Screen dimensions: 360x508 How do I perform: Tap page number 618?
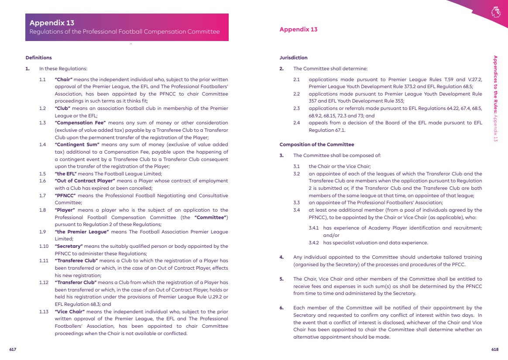494,350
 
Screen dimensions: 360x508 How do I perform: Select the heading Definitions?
38,58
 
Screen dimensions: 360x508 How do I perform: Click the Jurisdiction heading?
293,58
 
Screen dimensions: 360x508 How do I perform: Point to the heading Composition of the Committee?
316,144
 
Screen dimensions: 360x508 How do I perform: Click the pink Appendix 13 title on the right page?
298,30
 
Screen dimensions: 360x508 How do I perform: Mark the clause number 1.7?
42,195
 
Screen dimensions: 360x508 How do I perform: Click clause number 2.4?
296,123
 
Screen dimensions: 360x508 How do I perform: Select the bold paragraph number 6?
281,308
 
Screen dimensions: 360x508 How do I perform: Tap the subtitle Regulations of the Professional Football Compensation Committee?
124,32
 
